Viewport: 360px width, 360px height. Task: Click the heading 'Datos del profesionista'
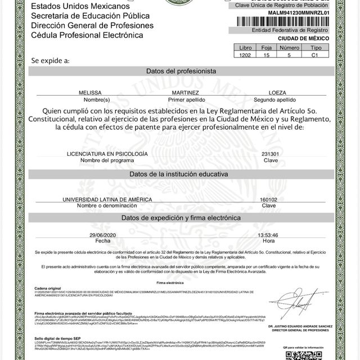point(181,71)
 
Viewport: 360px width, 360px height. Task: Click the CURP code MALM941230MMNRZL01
point(298,12)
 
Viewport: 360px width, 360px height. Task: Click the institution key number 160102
point(268,200)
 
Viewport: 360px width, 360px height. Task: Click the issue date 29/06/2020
point(101,235)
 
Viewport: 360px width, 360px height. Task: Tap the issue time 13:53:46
point(268,235)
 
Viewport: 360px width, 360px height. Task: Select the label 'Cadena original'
point(47,287)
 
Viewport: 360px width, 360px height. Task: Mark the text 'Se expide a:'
point(51,60)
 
